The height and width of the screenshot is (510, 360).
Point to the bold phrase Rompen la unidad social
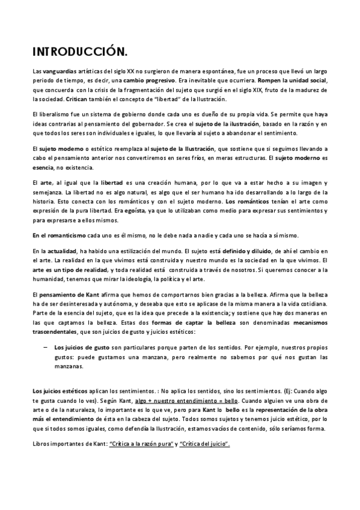click(x=292, y=80)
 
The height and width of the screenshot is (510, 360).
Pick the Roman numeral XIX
click(x=260, y=89)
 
